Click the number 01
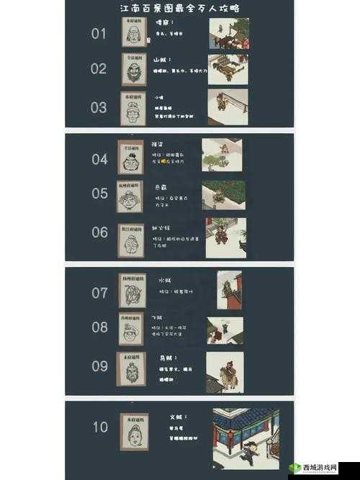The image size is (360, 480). pos(99,34)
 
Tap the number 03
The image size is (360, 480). pos(99,107)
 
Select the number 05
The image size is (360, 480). pos(99,194)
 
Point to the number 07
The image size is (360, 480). pos(99,292)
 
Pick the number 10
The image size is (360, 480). pos(100,427)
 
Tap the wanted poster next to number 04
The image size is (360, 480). pos(130,158)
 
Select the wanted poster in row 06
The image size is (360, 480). pos(131,238)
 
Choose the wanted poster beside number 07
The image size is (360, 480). pos(132,291)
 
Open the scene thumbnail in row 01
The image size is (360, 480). pos(228,34)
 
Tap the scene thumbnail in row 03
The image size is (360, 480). pos(228,107)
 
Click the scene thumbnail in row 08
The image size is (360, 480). pos(225,330)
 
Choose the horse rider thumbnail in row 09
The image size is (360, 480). pos(223,371)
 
